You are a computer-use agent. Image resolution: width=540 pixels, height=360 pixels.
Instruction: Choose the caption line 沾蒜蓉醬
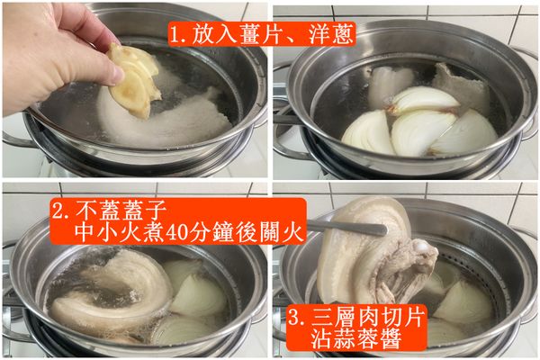(x=365, y=340)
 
